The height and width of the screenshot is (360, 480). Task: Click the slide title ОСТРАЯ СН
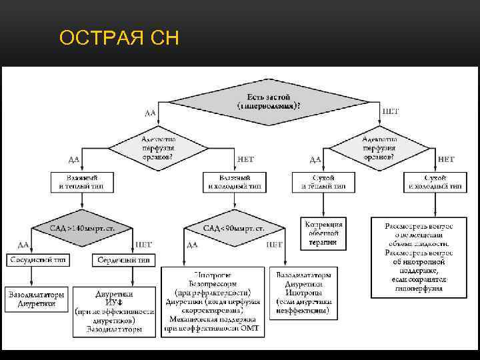tap(119, 39)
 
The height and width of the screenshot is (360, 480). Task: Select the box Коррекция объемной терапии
tap(323, 233)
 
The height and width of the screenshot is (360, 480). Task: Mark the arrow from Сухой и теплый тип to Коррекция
tap(325, 204)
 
